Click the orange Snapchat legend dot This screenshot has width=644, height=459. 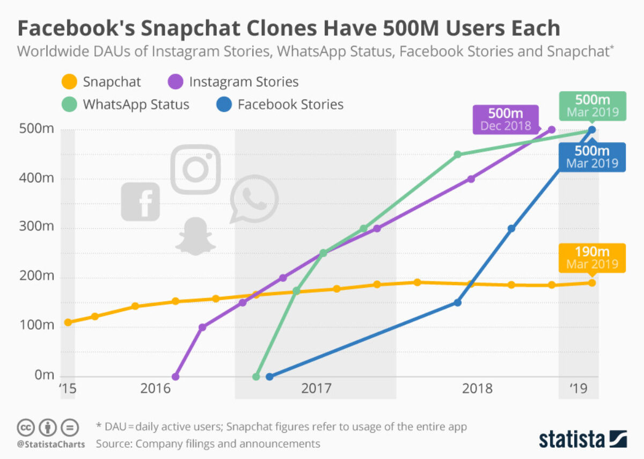pos(70,82)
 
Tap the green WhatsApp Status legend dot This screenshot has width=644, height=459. pos(70,104)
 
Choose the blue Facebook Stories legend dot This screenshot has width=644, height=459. pos(225,104)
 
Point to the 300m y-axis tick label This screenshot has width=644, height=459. pos(36,228)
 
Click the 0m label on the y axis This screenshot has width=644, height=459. pos(44,375)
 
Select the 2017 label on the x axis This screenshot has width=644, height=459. pos(316,388)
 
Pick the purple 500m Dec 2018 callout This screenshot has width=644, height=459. pos(504,120)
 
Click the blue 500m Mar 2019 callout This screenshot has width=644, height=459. pos(592,157)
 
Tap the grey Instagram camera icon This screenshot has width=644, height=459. pos(195,169)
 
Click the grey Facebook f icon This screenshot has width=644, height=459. pos(141,201)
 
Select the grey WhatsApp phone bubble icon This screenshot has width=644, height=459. pos(254,199)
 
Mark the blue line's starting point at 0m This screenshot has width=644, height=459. pos(269,377)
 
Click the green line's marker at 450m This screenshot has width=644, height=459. pos(457,155)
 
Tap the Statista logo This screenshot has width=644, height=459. pos(583,438)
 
